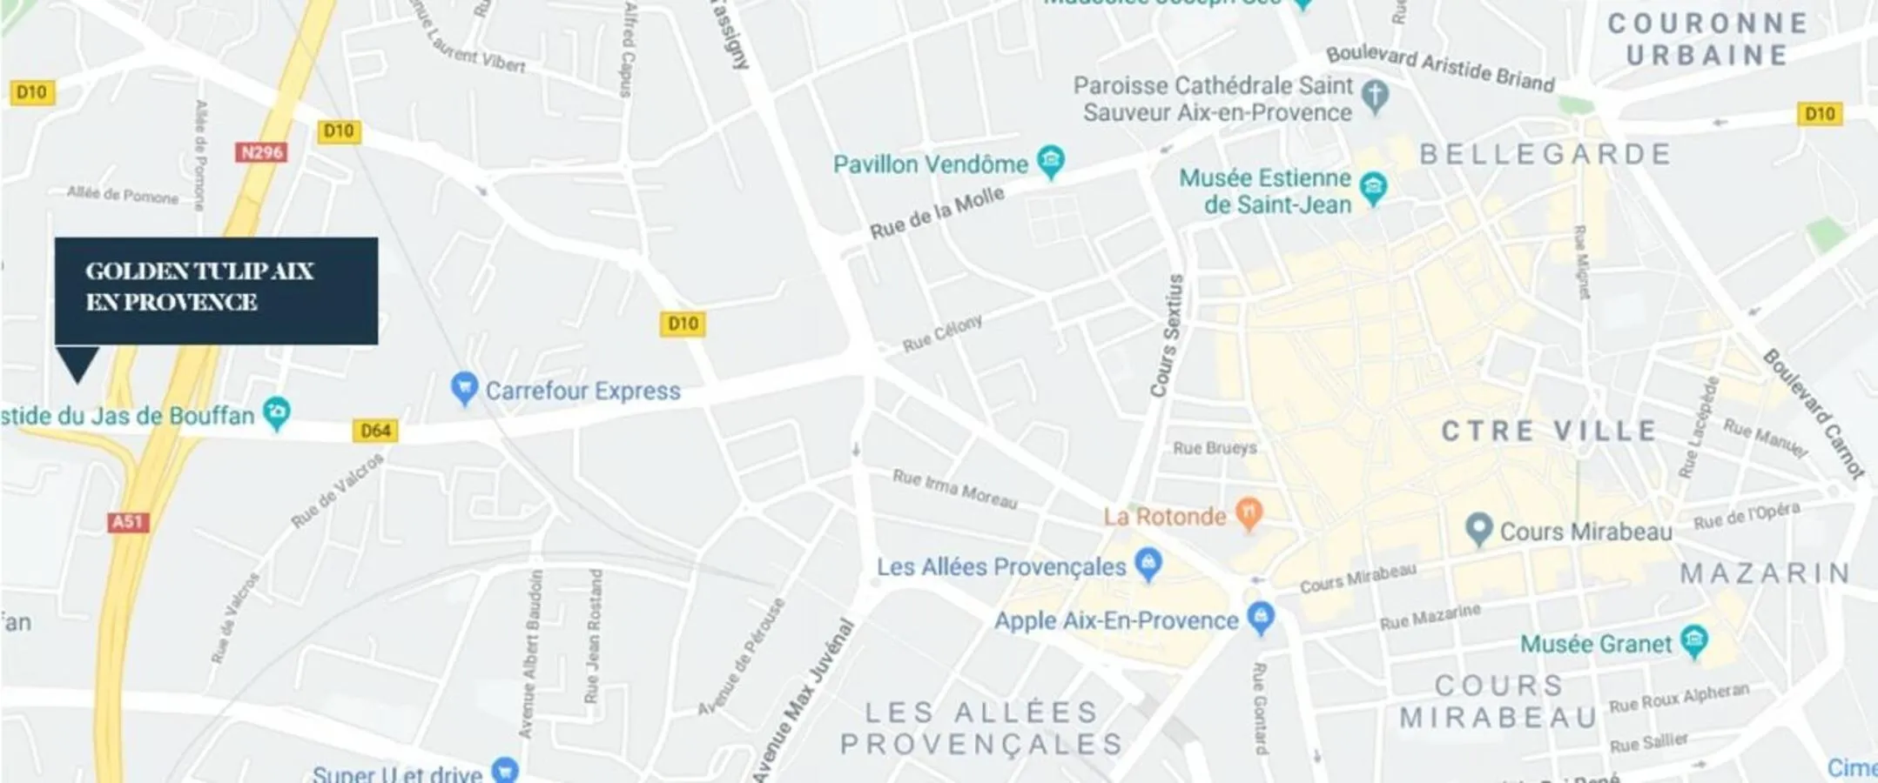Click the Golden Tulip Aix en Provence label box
(x=216, y=290)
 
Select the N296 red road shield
(x=261, y=152)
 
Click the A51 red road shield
(x=128, y=521)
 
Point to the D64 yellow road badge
(x=375, y=431)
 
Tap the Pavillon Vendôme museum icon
(x=1051, y=162)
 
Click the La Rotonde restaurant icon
(x=1249, y=513)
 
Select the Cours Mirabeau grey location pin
(x=1478, y=529)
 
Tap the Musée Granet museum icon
(x=1693, y=641)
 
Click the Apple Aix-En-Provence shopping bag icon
(x=1261, y=618)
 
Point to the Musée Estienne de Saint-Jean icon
(x=1373, y=187)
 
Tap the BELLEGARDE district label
(x=1545, y=154)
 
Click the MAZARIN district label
(x=1765, y=573)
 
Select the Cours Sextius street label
(x=1168, y=336)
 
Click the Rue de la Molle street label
(x=937, y=213)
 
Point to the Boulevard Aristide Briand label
(x=1440, y=68)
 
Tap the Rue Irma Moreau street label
(x=955, y=488)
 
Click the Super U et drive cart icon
(x=505, y=770)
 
